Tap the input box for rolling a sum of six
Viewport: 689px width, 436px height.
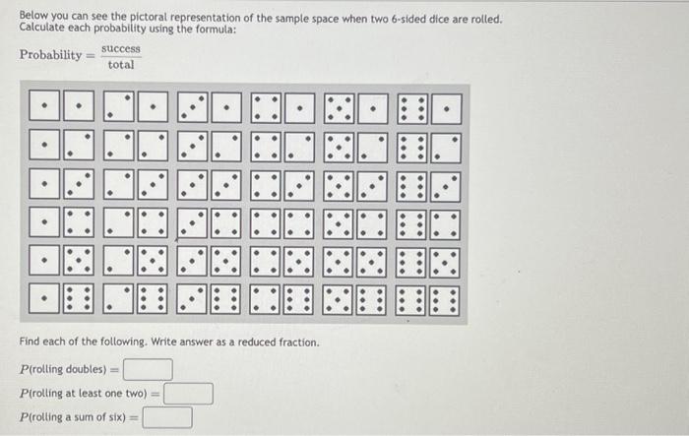[x=167, y=417]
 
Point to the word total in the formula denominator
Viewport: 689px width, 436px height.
[x=120, y=65]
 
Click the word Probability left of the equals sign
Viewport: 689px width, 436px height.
[x=51, y=55]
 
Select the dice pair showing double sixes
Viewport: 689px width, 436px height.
[x=428, y=297]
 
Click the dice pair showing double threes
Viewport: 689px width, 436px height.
[x=209, y=182]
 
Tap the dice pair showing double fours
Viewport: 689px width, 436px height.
[x=282, y=221]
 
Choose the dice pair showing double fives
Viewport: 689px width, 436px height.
[x=355, y=260]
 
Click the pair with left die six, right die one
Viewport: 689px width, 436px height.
[x=428, y=104]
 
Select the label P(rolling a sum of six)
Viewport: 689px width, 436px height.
[x=76, y=418]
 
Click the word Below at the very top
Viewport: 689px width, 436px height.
[x=33, y=20]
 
